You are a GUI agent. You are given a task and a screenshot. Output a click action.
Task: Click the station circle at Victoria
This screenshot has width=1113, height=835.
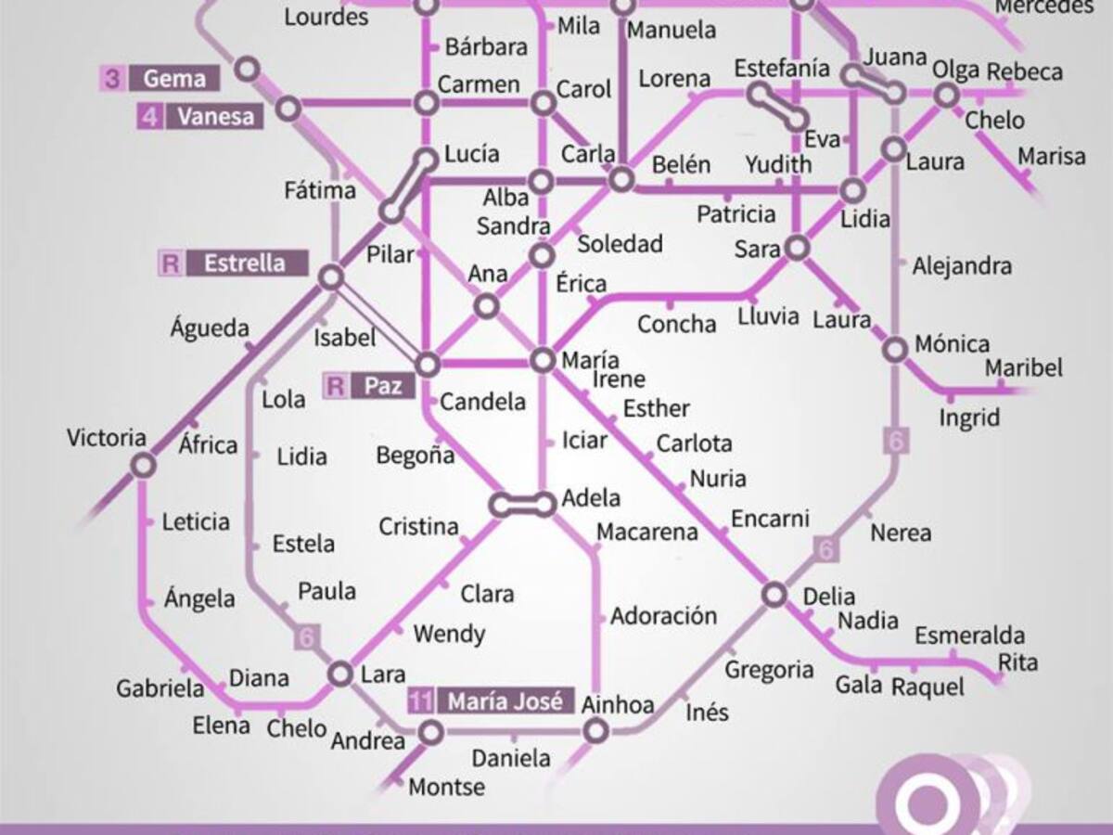click(142, 465)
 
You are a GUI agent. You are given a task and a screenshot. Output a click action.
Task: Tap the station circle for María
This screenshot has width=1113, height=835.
click(543, 360)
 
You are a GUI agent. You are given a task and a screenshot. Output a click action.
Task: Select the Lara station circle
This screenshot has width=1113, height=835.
click(340, 674)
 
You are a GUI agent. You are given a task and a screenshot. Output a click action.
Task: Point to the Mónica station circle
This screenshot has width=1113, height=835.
click(895, 350)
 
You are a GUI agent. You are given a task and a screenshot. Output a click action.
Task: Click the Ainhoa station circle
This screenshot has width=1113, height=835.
click(595, 731)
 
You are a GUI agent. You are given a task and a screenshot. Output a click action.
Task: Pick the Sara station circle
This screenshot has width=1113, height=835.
click(796, 248)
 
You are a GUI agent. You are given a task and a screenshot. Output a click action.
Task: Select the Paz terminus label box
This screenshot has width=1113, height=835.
click(382, 385)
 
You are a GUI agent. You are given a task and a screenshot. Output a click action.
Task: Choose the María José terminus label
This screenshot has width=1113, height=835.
click(505, 701)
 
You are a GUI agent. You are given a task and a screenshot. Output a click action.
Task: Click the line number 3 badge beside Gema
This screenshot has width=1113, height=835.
click(112, 78)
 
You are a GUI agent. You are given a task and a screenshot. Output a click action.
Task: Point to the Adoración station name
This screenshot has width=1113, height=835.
click(663, 616)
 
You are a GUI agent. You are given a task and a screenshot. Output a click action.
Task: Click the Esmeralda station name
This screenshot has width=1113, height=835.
click(969, 636)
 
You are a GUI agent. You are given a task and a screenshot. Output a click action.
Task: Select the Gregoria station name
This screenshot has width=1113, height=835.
click(769, 670)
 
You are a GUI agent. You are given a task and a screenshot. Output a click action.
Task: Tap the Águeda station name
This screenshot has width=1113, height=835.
click(210, 328)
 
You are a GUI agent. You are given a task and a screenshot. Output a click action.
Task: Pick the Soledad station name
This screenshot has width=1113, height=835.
click(620, 244)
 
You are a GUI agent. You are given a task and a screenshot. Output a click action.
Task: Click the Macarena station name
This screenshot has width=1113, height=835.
click(646, 533)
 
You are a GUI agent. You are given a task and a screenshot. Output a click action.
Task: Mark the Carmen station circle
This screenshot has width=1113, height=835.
click(426, 103)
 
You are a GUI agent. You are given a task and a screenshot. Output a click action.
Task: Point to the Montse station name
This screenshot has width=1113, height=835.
click(447, 787)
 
